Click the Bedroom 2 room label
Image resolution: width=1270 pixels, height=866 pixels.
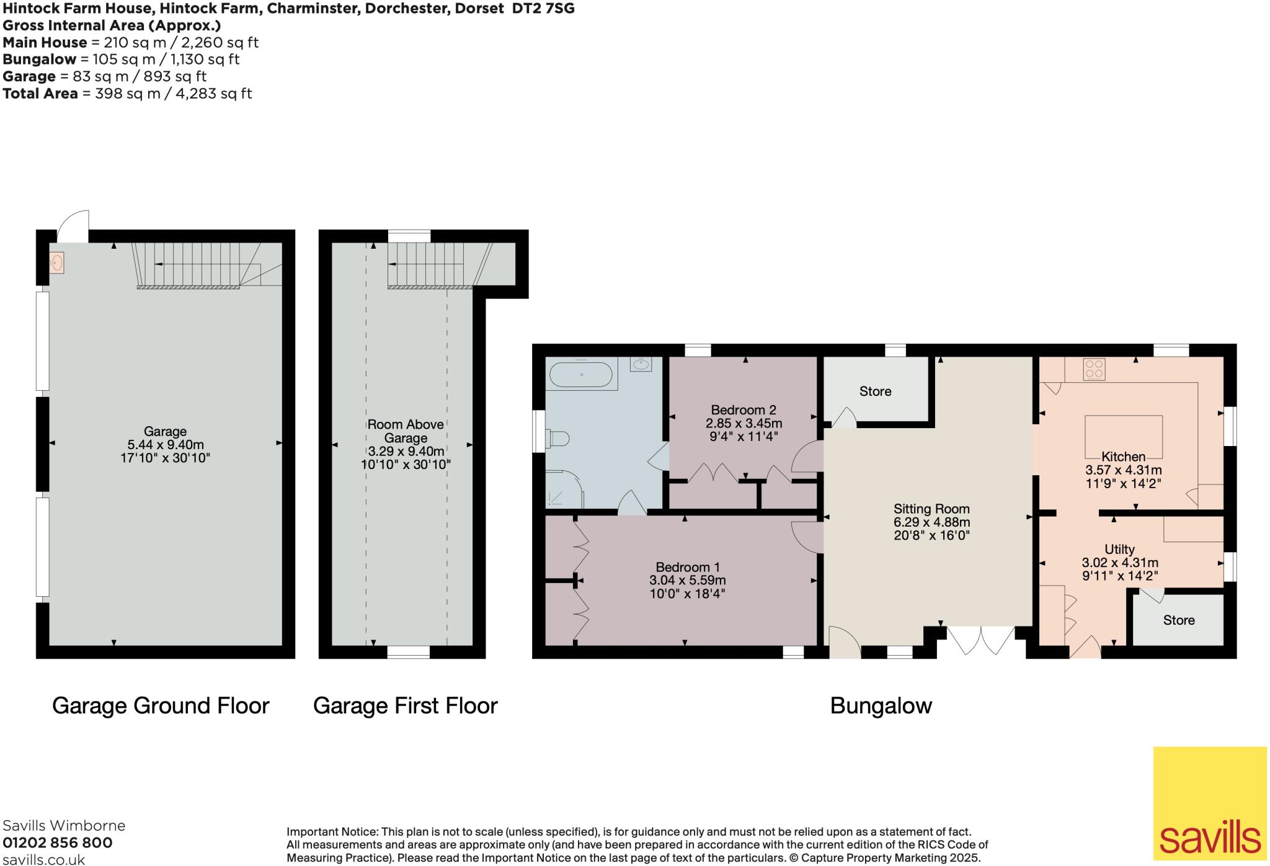743,410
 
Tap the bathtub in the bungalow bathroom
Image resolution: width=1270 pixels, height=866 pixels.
581,375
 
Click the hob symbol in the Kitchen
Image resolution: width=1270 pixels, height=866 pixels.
1093,370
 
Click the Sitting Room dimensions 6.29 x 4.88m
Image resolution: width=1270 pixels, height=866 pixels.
931,522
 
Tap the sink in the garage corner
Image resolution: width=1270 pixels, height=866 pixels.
56,263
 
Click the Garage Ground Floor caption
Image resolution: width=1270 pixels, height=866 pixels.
161,706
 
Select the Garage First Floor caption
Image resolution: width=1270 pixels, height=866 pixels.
405,706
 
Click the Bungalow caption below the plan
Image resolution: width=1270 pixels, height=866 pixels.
881,706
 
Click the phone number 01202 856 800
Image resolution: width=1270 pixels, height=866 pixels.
58,842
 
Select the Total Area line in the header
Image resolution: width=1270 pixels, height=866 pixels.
127,94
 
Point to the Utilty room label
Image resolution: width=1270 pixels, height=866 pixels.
1119,549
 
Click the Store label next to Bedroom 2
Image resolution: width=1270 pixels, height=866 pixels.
875,391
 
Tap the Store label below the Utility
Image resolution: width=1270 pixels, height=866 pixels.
1178,620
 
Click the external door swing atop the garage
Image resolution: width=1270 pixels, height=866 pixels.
74,227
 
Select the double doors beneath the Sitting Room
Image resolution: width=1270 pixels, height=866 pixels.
981,640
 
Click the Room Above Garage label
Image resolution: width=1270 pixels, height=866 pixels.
406,431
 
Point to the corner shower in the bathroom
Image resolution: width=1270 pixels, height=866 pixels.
563,489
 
